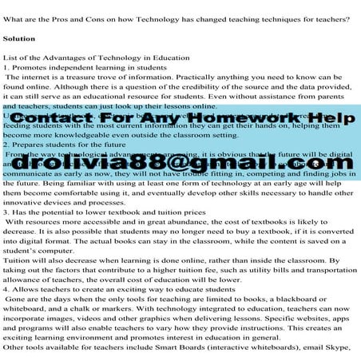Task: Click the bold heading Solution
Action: coord(19,38)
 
